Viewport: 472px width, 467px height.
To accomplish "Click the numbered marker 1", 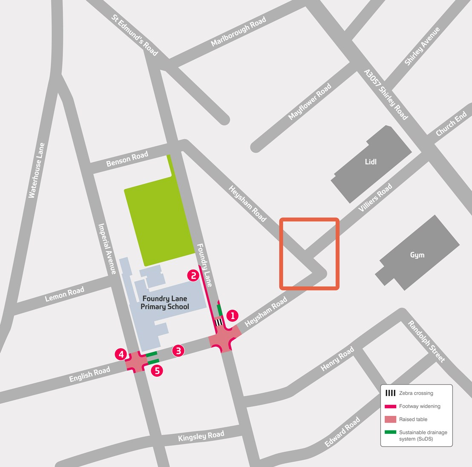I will (x=232, y=316).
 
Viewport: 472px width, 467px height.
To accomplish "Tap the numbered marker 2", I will (x=193, y=275).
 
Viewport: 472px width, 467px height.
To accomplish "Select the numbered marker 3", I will (x=178, y=351).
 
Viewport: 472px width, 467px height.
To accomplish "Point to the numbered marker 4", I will (x=121, y=354).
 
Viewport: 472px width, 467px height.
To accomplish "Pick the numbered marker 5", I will (x=157, y=371).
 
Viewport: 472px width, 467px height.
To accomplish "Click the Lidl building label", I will (x=371, y=162).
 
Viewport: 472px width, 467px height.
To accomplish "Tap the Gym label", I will (x=417, y=255).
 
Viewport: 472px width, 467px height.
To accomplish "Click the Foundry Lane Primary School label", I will (x=165, y=303).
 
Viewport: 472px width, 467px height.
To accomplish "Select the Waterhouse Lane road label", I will (x=37, y=170).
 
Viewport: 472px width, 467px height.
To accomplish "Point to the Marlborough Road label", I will (x=239, y=32).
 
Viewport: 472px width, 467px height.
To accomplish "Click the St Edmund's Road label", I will (x=135, y=35).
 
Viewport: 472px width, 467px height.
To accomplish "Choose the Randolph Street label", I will (x=426, y=342).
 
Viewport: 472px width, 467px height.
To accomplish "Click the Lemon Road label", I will (x=65, y=294).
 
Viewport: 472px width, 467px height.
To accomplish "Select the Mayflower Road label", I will (x=310, y=102).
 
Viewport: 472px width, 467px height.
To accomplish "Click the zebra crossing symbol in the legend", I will (x=390, y=393).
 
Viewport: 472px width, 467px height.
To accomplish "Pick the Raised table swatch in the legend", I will (x=390, y=419).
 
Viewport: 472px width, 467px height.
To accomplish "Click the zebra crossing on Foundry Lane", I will (x=219, y=323).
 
